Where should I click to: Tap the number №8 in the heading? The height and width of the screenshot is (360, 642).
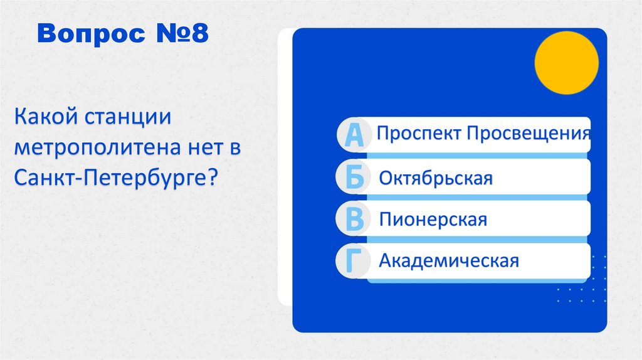point(177,34)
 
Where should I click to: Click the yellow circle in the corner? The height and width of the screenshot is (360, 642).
point(566,63)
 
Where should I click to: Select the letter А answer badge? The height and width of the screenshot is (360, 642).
point(355,135)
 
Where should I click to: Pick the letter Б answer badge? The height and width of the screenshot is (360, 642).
point(355,178)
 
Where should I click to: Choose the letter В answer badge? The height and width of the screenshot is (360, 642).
point(355,220)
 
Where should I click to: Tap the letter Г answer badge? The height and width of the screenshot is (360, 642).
point(355,262)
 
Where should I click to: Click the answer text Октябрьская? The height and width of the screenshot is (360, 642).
point(436,178)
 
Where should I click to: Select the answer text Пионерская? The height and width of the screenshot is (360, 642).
point(433,220)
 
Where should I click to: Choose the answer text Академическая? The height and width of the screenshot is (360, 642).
point(449,260)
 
